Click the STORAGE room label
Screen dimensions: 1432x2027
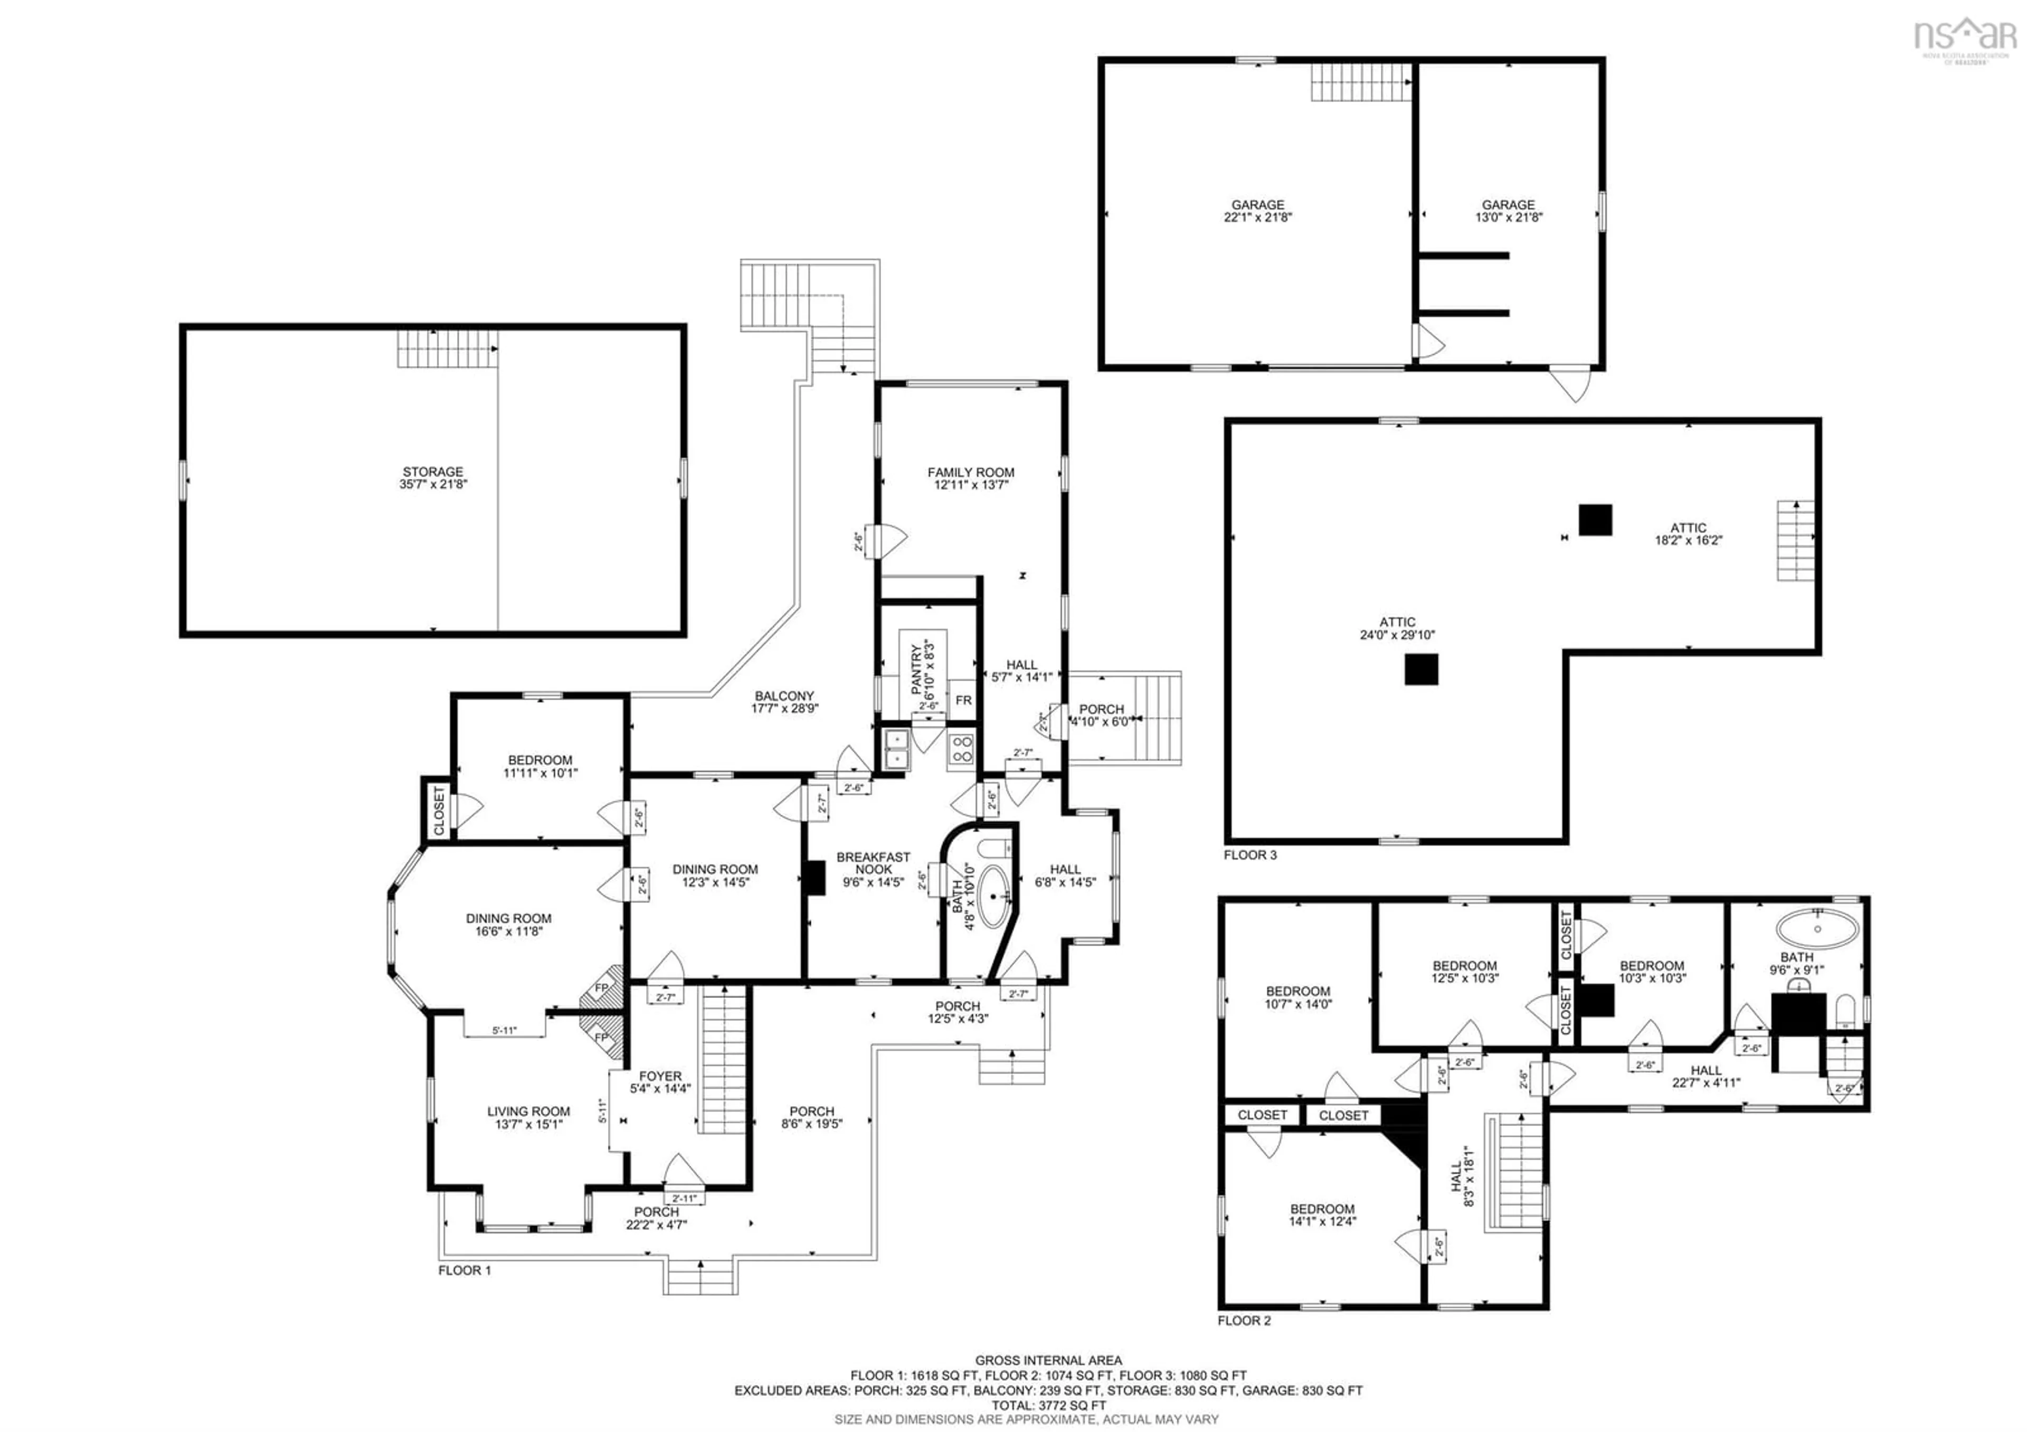433,478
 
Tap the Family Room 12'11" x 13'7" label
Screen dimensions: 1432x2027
970,478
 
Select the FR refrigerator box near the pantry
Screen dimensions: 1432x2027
963,700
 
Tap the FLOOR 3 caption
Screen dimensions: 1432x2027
1249,855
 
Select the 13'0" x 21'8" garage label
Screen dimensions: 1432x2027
1508,211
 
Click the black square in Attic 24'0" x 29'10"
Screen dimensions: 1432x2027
1420,669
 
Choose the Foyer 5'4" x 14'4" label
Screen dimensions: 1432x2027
660,1082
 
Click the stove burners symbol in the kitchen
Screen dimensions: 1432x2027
961,749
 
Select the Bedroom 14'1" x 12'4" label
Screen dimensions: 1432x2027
1322,1215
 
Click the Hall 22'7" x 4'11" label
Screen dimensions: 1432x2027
1706,1076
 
